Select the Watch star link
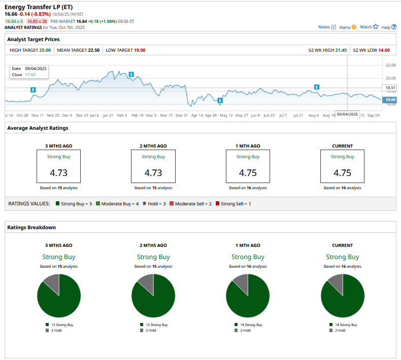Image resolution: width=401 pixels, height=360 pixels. (369, 27)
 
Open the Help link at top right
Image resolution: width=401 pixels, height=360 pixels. (388, 27)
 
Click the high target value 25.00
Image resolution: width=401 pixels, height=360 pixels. (45, 50)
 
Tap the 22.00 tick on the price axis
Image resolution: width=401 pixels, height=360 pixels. (390, 65)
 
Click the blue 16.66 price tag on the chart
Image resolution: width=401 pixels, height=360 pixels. (390, 100)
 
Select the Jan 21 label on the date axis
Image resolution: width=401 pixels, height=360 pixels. (108, 115)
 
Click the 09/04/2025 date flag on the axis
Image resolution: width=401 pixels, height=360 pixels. (347, 115)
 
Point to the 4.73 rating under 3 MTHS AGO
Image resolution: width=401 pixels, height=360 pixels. (58, 172)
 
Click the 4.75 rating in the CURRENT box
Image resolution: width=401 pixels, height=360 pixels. (343, 172)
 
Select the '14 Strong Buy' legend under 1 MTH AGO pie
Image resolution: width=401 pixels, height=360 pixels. (248, 325)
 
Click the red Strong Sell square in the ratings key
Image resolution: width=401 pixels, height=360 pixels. (217, 203)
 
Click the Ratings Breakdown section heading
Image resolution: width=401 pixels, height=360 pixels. (31, 227)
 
